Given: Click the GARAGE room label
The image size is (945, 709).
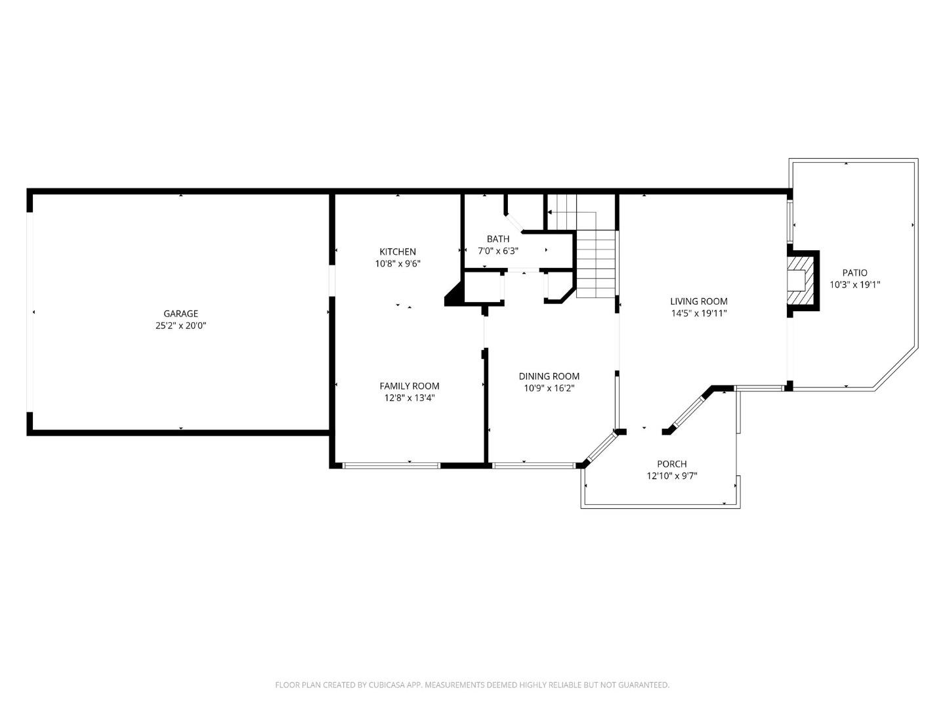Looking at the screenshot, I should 180,314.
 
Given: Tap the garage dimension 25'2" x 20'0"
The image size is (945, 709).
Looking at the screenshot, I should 180,326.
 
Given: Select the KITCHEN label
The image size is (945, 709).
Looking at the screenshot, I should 397,251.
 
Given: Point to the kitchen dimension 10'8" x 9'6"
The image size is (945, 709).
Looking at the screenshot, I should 397,263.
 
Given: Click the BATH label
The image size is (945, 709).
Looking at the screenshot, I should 497,239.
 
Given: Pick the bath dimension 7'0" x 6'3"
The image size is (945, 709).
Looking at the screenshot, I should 497,251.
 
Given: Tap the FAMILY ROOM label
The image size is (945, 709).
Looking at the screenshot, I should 409,386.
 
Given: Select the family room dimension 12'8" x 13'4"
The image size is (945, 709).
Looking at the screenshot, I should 409,398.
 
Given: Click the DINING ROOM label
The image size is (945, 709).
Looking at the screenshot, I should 549,376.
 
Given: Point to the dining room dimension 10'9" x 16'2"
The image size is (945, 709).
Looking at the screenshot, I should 549,388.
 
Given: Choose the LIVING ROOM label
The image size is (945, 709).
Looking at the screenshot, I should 698,301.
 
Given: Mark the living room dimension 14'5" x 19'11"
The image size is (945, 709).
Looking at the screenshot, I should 698,313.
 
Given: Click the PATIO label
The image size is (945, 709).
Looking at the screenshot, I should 854,272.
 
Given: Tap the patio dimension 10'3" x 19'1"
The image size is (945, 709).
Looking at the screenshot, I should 854,284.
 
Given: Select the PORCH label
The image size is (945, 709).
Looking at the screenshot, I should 671,463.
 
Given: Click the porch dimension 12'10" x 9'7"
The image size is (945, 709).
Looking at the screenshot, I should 671,475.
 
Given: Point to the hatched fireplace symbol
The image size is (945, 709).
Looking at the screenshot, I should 800,280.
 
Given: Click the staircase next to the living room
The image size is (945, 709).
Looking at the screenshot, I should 597,263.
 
